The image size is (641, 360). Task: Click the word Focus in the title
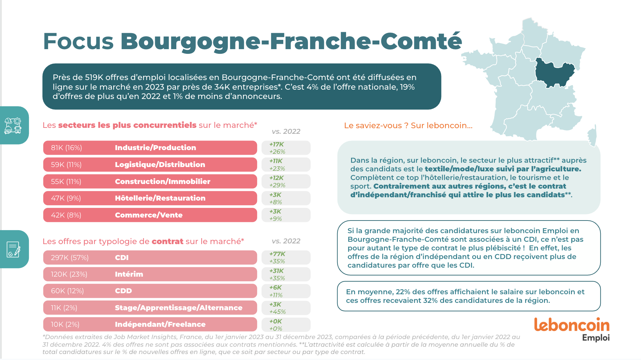[78, 42]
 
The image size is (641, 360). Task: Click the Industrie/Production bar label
[155, 148]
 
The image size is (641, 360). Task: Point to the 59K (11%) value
[66, 165]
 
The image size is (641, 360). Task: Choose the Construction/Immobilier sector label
[162, 182]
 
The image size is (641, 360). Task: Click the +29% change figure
[277, 185]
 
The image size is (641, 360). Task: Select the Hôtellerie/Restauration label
[160, 198]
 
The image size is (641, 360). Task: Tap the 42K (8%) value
[66, 215]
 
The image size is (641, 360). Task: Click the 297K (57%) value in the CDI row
[70, 258]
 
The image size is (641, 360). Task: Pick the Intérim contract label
[129, 274]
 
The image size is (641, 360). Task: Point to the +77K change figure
[277, 254]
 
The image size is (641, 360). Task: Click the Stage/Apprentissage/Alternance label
[178, 308]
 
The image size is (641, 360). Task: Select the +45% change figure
[277, 312]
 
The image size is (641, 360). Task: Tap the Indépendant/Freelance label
[160, 324]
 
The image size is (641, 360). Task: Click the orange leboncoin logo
[572, 325]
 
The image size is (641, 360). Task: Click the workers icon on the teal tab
[13, 126]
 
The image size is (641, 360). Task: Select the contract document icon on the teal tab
[13, 249]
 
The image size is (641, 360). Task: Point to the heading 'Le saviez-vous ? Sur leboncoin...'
[408, 126]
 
